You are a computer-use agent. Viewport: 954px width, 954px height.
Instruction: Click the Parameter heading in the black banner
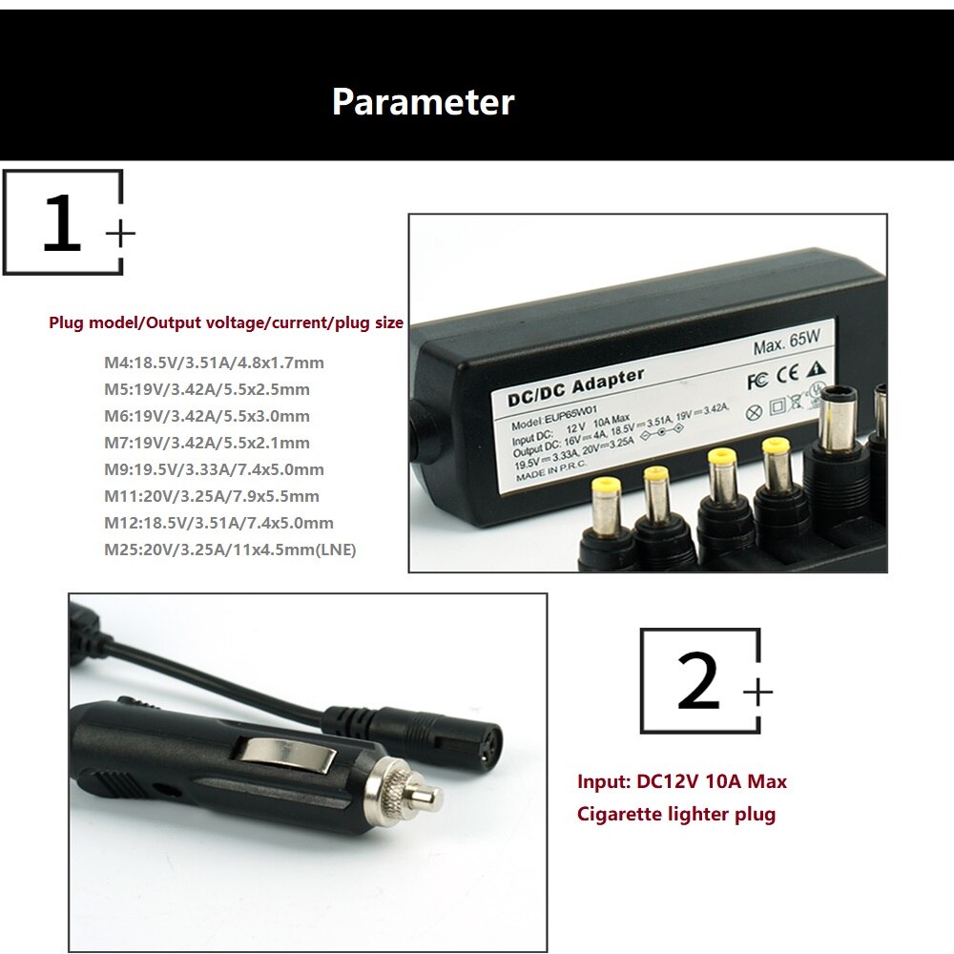tap(423, 102)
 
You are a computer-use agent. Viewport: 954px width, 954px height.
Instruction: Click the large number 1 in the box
tap(62, 225)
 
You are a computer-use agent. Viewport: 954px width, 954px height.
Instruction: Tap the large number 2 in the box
tap(698, 682)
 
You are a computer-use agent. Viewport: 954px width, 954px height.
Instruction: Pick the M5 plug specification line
tap(207, 389)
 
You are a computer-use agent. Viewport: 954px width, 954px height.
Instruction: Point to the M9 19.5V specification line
tap(214, 469)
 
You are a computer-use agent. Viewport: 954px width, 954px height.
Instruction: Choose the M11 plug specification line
tap(212, 496)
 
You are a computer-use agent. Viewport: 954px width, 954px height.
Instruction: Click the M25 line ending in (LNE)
tap(230, 550)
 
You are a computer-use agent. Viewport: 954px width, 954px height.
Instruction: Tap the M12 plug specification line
tap(218, 523)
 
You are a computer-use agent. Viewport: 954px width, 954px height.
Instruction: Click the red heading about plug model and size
tap(226, 323)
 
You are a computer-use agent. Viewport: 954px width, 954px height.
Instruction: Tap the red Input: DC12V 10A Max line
tap(682, 782)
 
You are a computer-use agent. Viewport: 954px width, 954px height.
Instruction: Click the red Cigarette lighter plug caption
tap(676, 815)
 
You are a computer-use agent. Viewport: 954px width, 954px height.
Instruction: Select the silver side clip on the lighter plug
tap(288, 756)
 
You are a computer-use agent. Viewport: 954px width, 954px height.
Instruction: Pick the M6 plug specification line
tap(207, 416)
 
